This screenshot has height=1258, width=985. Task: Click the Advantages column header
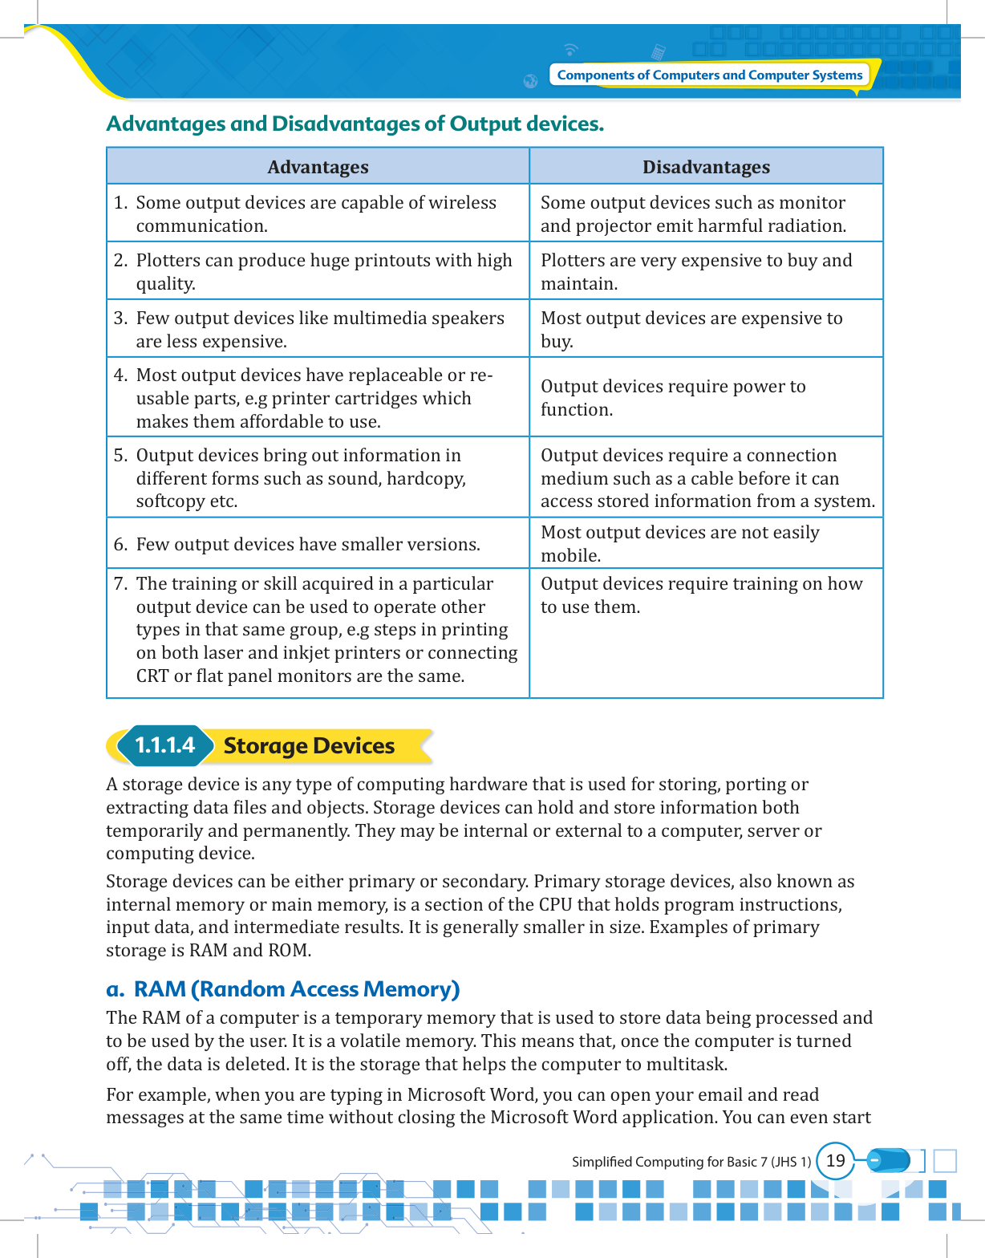click(318, 167)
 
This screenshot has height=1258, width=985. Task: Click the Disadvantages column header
click(706, 167)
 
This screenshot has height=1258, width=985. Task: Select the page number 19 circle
click(835, 1161)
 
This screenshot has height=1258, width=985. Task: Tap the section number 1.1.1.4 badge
click(164, 745)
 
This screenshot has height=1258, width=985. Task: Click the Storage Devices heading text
click(309, 746)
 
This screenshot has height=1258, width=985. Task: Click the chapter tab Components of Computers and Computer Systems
click(709, 75)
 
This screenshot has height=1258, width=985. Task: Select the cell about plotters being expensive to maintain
click(696, 271)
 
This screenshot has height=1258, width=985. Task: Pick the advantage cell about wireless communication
click(316, 213)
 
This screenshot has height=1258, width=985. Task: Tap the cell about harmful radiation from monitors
click(693, 213)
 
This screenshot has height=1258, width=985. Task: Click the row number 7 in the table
click(120, 584)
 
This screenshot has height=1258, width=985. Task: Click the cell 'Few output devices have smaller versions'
click(308, 545)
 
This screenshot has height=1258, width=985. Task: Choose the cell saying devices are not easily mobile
click(679, 543)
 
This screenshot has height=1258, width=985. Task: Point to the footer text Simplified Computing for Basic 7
click(691, 1162)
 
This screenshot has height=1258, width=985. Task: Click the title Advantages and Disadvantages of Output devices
click(355, 124)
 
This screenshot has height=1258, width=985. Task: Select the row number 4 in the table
click(120, 375)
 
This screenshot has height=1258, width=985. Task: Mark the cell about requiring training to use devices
click(701, 595)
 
